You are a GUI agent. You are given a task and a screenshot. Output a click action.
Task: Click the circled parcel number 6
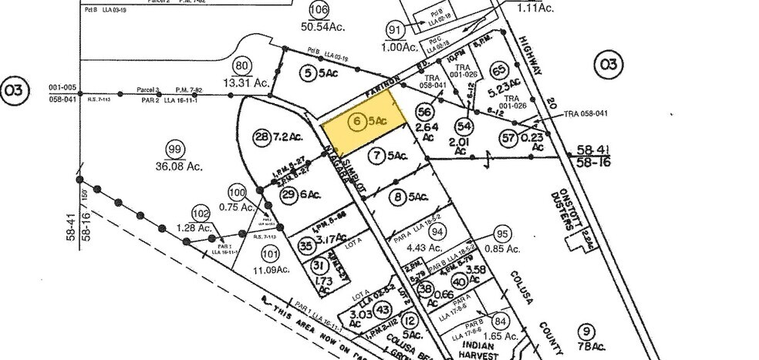click(356, 121)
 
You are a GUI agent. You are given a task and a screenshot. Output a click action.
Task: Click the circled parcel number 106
click(319, 9)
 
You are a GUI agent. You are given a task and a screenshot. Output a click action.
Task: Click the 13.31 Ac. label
click(245, 82)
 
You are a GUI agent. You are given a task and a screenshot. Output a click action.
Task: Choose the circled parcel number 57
click(508, 138)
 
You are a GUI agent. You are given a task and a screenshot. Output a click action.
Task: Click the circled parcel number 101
click(268, 253)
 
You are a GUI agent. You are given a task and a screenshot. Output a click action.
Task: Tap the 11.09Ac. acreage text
click(272, 270)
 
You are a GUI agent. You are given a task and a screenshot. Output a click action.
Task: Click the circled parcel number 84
click(502, 321)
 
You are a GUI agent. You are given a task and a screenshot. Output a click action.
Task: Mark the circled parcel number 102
click(201, 214)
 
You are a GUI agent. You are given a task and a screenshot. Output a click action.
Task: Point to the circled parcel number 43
click(383, 309)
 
